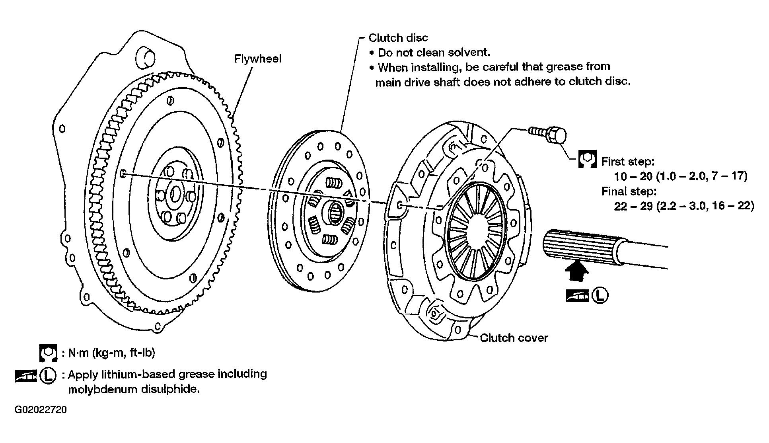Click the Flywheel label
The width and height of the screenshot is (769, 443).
coord(257,59)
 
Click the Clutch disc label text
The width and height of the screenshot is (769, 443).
coord(398,38)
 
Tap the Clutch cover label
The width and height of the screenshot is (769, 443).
coord(514,338)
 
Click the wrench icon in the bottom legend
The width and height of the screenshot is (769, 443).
coord(48,353)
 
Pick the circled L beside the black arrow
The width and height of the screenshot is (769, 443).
coord(600,295)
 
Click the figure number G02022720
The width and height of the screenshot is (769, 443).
coord(41,410)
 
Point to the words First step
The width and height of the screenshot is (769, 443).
coord(627,161)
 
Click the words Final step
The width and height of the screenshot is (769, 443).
coord(629,191)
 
